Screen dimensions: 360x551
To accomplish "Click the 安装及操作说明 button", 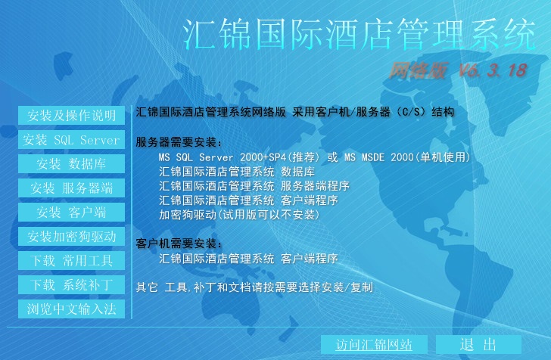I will tap(71, 116).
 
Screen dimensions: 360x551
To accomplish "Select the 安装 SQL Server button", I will tap(71, 140).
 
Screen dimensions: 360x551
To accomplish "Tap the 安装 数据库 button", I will tap(71, 164).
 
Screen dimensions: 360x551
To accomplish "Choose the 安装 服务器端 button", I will tap(71, 188).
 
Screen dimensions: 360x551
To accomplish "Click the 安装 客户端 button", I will tap(71, 213).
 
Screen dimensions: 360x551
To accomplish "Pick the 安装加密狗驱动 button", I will tap(71, 237).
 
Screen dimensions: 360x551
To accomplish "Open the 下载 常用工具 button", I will tap(71, 261).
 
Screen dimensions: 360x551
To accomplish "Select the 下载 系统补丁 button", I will tap(71, 285).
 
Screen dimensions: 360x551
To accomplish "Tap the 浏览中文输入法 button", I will tap(71, 309).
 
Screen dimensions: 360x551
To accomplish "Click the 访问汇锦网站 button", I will tap(374, 345).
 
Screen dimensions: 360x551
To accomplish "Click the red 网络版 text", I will tap(418, 71).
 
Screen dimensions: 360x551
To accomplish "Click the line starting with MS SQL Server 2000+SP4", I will tap(315, 157).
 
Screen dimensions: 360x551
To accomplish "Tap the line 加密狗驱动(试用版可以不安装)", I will tap(240, 215).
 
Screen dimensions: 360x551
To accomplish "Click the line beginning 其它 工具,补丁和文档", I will tap(254, 287).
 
